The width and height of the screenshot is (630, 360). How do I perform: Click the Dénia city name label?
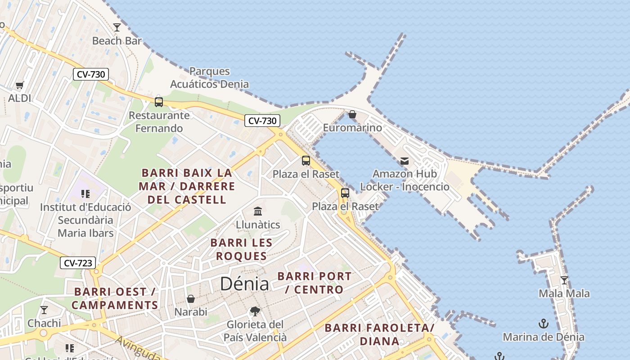[x=244, y=283]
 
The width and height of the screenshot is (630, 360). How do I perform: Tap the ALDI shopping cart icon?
[x=20, y=85]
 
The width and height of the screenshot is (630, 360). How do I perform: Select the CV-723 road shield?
[x=78, y=263]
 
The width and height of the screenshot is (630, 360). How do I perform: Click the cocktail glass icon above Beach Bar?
[x=117, y=27]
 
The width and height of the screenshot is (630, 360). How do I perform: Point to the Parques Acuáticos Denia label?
[x=209, y=77]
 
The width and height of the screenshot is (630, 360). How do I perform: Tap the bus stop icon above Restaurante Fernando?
[x=159, y=102]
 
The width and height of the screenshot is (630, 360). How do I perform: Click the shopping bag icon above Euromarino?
[x=352, y=114]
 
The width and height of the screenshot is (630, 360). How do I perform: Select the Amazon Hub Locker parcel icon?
[x=405, y=161]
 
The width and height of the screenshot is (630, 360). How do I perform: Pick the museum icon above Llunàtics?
[x=258, y=211]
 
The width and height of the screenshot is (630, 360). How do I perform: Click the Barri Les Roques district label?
[x=241, y=249]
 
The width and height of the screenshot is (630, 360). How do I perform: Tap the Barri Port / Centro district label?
[x=315, y=283]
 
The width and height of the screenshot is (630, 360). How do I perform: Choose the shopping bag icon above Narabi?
[x=191, y=299]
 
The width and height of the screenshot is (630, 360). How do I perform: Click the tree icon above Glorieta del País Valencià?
[x=255, y=311]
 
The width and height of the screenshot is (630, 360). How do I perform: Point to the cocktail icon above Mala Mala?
[x=564, y=280]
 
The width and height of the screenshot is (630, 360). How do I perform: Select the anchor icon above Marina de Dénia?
[x=544, y=324]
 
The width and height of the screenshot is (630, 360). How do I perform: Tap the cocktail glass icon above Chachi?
[x=44, y=310]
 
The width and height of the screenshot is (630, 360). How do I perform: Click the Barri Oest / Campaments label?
[x=115, y=298]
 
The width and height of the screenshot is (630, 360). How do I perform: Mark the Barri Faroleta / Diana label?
[x=379, y=334]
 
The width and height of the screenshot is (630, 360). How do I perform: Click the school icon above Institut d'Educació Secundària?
[x=85, y=194]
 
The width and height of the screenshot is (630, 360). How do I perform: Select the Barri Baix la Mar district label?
[x=187, y=186]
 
